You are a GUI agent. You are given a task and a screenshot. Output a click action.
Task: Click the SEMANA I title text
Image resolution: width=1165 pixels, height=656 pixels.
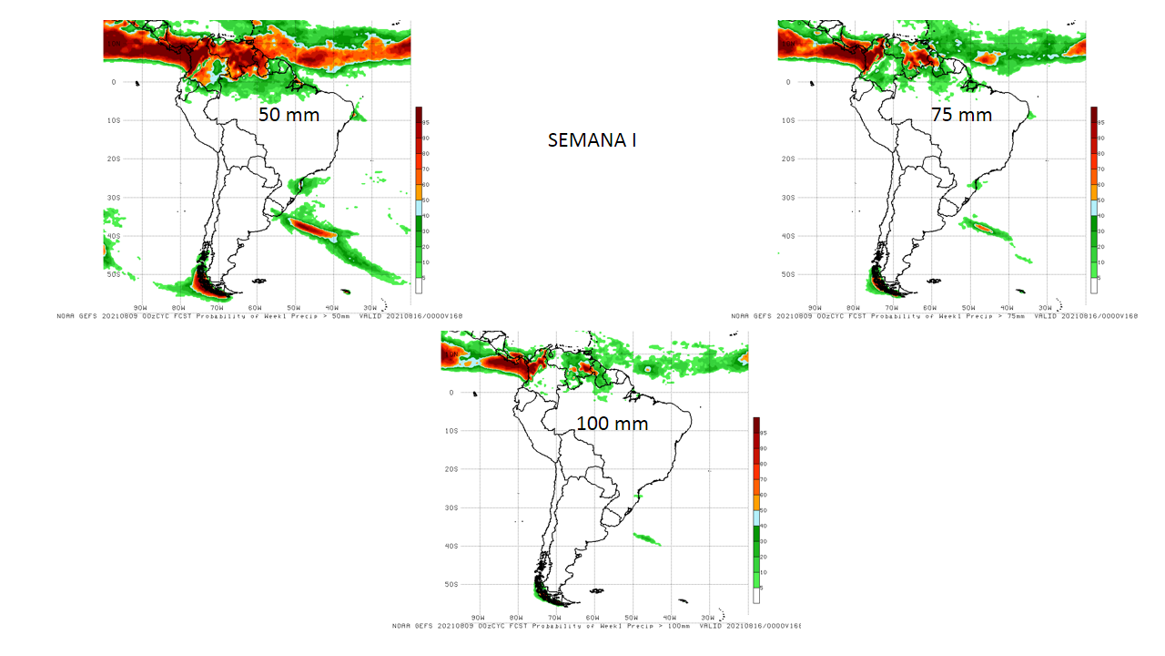(x=592, y=140)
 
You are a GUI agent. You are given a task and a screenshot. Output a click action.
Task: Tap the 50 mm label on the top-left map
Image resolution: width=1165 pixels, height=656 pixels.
(x=289, y=116)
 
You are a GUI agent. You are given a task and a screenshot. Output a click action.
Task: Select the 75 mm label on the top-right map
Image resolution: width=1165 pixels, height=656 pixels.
(x=961, y=116)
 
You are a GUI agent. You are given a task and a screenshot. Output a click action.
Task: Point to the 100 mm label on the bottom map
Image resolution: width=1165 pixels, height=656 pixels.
(x=613, y=424)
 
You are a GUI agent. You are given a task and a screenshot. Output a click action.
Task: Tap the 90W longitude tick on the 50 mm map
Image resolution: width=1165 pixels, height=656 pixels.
(x=141, y=307)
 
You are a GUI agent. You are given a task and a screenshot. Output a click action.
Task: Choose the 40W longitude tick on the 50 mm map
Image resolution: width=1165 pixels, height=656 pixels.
(x=332, y=307)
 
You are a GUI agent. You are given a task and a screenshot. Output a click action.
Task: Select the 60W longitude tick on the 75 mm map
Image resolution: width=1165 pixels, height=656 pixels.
(x=930, y=307)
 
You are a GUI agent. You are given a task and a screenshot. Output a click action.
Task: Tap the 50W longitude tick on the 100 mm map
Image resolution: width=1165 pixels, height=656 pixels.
(x=632, y=618)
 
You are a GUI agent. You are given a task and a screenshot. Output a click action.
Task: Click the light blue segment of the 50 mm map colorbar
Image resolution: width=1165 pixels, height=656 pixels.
(x=419, y=208)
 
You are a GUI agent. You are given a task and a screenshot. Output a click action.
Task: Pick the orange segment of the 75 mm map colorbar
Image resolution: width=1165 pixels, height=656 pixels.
(x=1094, y=192)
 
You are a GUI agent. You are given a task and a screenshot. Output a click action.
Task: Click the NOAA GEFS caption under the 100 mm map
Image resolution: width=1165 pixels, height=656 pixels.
(x=596, y=626)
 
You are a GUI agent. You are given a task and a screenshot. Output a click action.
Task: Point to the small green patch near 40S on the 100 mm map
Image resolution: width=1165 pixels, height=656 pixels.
(x=646, y=539)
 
